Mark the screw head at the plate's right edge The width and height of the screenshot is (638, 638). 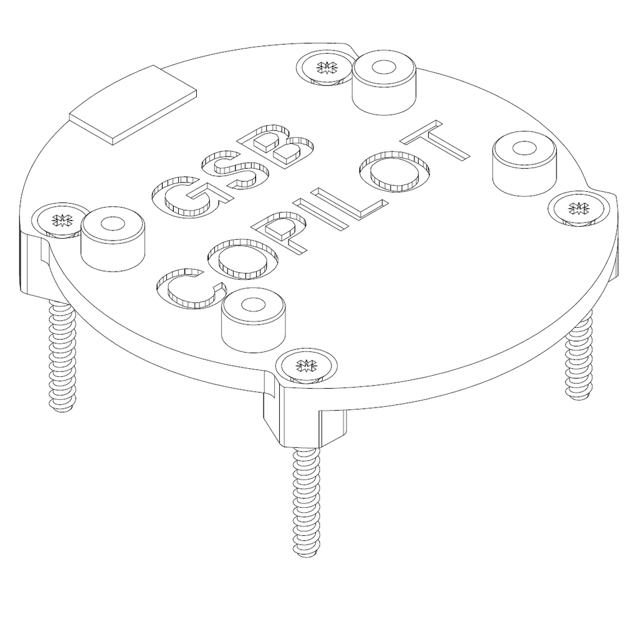coord(578,207)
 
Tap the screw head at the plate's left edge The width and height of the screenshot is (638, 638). coord(61,219)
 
